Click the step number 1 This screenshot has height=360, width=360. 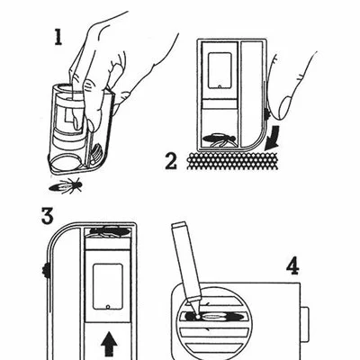58,38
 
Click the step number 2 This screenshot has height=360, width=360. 171,162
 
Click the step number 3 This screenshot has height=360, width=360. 48,216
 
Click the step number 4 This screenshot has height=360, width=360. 292,267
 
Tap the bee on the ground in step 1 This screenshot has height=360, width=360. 66,185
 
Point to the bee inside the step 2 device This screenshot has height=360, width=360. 219,139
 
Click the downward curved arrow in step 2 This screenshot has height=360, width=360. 273,139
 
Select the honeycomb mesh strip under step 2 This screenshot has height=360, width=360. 232,161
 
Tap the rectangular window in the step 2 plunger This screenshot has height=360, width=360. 220,71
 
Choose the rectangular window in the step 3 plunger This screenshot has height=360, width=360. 108,286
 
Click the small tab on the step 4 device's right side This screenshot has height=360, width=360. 304,324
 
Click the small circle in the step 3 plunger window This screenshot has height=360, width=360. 108,307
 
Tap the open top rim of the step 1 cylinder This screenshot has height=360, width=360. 64,88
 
